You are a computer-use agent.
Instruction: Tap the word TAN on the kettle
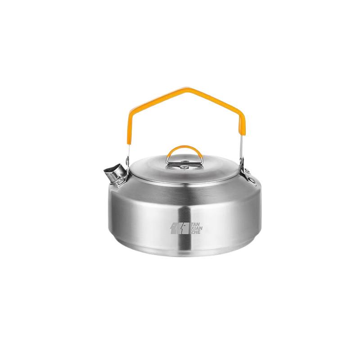coord(197,224)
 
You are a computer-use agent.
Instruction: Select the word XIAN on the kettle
coord(197,228)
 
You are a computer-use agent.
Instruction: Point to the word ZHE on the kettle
coord(196,232)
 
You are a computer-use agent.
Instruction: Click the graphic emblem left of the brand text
coord(180,228)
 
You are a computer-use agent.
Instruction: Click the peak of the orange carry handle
coord(186,88)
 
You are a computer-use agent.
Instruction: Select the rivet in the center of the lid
coord(184,167)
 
